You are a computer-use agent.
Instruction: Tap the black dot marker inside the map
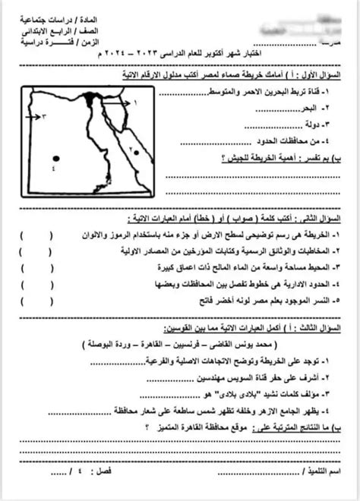(54, 159)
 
